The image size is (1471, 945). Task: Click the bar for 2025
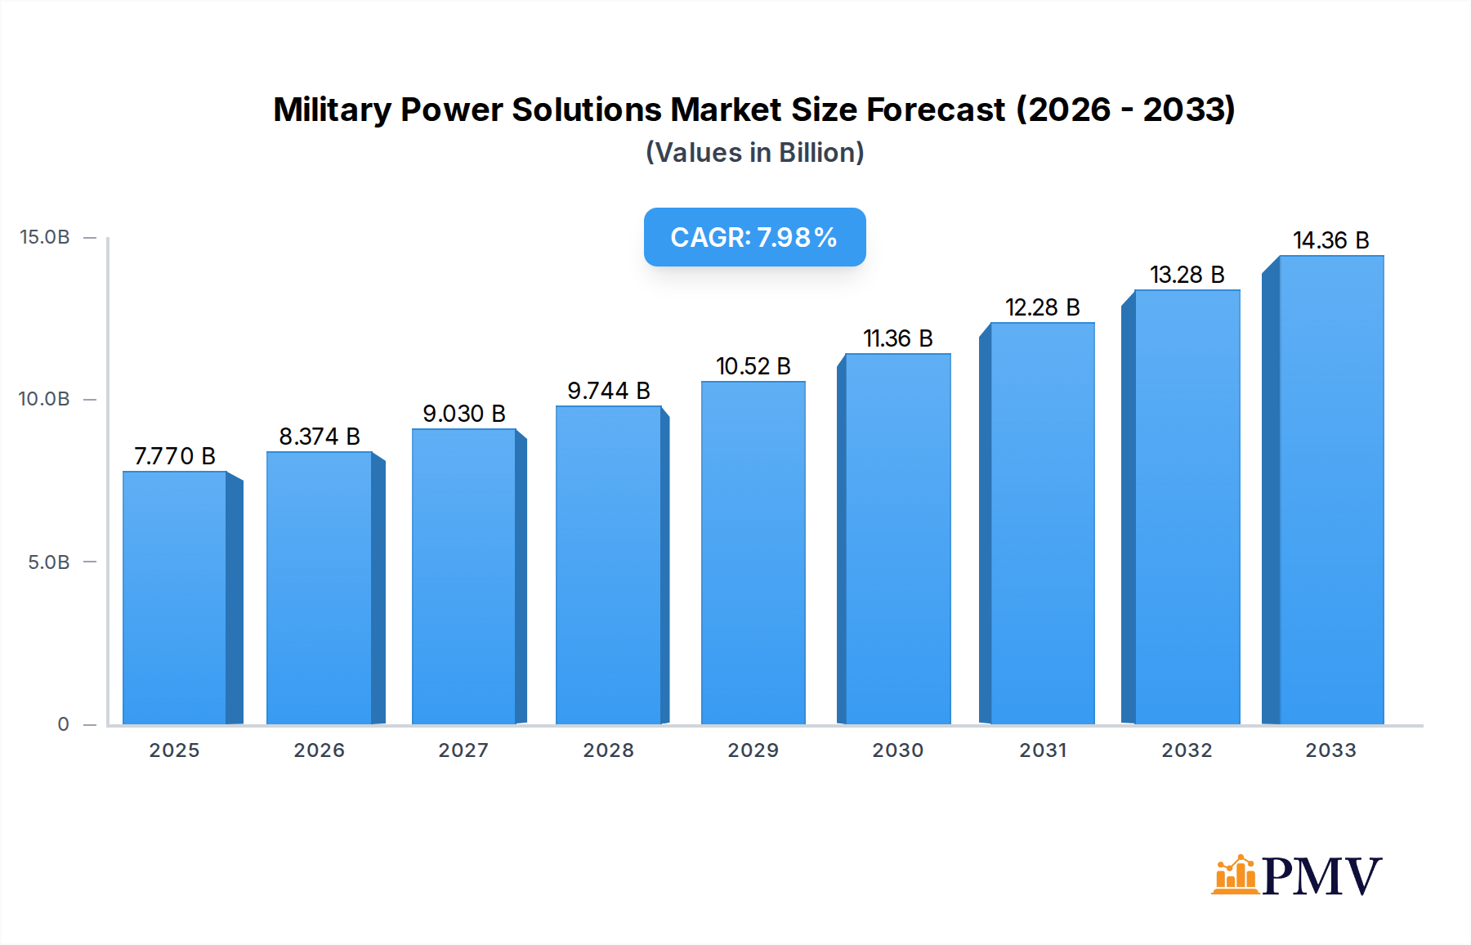point(175,598)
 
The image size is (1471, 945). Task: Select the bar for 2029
point(753,553)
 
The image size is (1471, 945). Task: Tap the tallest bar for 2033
point(1331,490)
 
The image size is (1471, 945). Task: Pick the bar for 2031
point(1043,523)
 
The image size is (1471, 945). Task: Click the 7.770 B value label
point(175,456)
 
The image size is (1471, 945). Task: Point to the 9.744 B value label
point(609,391)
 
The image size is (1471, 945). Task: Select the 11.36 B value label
point(898,338)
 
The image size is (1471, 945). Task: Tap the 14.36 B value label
point(1330,240)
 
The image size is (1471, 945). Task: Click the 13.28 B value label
point(1187,275)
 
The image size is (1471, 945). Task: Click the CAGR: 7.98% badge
point(754,237)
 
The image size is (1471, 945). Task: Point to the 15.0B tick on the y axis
point(45,237)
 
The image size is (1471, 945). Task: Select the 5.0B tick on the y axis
point(48,562)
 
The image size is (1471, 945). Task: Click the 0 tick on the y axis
point(63,724)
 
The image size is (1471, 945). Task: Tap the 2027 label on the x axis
point(463,750)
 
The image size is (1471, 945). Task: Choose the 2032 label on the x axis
point(1187,750)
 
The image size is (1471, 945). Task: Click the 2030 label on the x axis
point(898,750)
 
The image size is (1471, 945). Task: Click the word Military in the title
point(332,110)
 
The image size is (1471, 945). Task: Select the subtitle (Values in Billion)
point(754,153)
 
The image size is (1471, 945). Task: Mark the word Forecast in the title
point(936,110)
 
